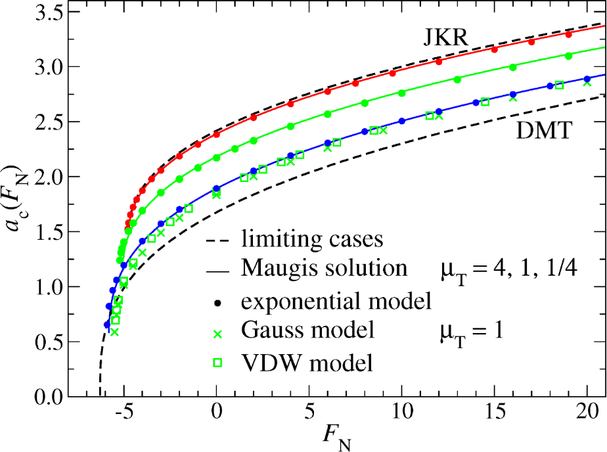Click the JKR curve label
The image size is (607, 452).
tap(445, 39)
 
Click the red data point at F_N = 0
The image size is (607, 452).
tap(216, 134)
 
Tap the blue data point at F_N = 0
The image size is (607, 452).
tap(216, 189)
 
